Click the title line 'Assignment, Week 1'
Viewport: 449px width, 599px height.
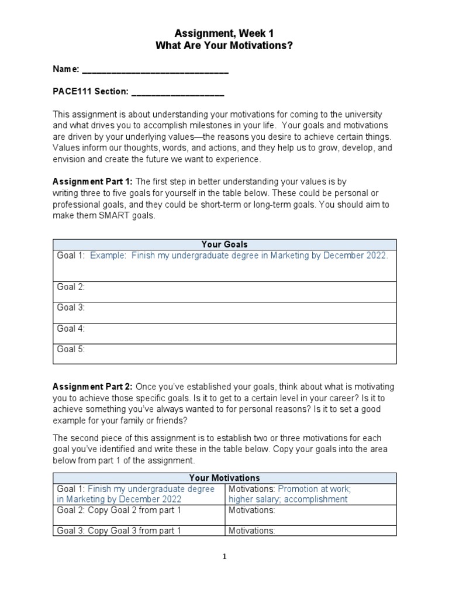[224, 35]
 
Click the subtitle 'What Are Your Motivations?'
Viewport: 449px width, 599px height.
[224, 46]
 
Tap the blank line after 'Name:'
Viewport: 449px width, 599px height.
[155, 70]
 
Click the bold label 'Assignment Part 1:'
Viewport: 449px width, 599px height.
[93, 182]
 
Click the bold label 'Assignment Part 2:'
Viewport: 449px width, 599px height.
[93, 387]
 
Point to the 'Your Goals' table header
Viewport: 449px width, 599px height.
[224, 245]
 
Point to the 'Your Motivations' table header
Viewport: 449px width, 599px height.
[224, 478]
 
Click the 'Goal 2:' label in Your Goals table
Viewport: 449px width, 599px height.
[71, 287]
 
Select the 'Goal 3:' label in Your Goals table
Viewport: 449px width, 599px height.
[71, 308]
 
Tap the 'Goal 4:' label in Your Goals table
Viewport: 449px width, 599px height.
[71, 329]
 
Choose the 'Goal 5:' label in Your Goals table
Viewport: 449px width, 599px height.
[71, 350]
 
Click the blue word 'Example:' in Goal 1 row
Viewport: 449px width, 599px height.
[108, 256]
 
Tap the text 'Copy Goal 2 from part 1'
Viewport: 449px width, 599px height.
[134, 510]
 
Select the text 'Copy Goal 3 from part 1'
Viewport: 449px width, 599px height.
[134, 531]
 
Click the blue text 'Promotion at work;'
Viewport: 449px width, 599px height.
[314, 488]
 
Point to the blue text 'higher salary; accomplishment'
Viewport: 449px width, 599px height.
[288, 499]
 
